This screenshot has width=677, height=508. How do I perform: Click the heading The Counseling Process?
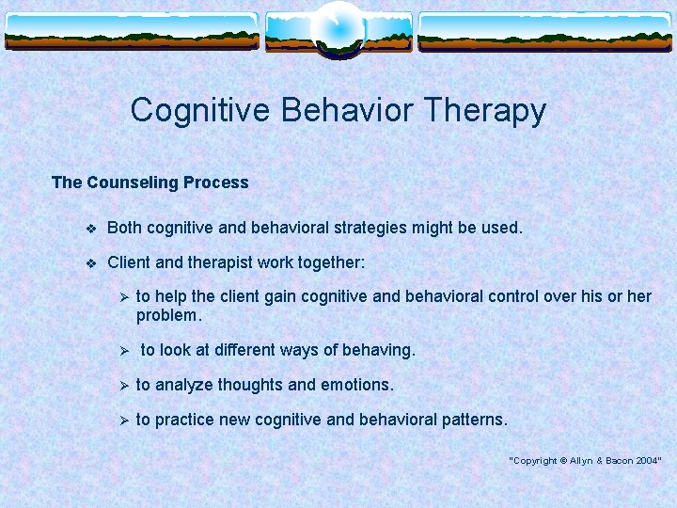click(x=150, y=183)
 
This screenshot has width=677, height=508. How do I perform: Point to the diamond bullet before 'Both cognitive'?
click(x=89, y=228)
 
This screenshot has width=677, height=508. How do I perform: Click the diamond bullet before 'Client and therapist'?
click(x=89, y=262)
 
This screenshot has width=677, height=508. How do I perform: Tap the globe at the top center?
click(x=338, y=28)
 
